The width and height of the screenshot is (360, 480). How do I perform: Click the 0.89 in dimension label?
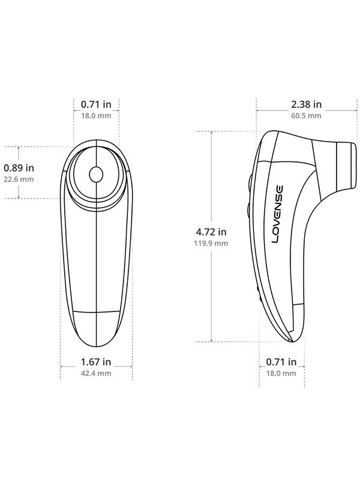pos(19,167)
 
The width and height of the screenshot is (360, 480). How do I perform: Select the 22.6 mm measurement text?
pos(19,179)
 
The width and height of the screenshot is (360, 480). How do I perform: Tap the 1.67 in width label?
pos(96,362)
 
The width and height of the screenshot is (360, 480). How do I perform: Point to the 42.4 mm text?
pos(96,373)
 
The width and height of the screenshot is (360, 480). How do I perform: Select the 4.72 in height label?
pos(211,232)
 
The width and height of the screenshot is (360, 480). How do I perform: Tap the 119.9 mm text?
pos(211,243)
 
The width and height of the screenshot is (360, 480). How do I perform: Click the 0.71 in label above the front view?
pos(96,104)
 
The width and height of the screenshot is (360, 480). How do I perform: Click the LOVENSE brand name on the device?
pos(278,213)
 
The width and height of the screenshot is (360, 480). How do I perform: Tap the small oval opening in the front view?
pos(96,175)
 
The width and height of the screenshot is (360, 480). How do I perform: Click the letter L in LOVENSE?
pos(278,238)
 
